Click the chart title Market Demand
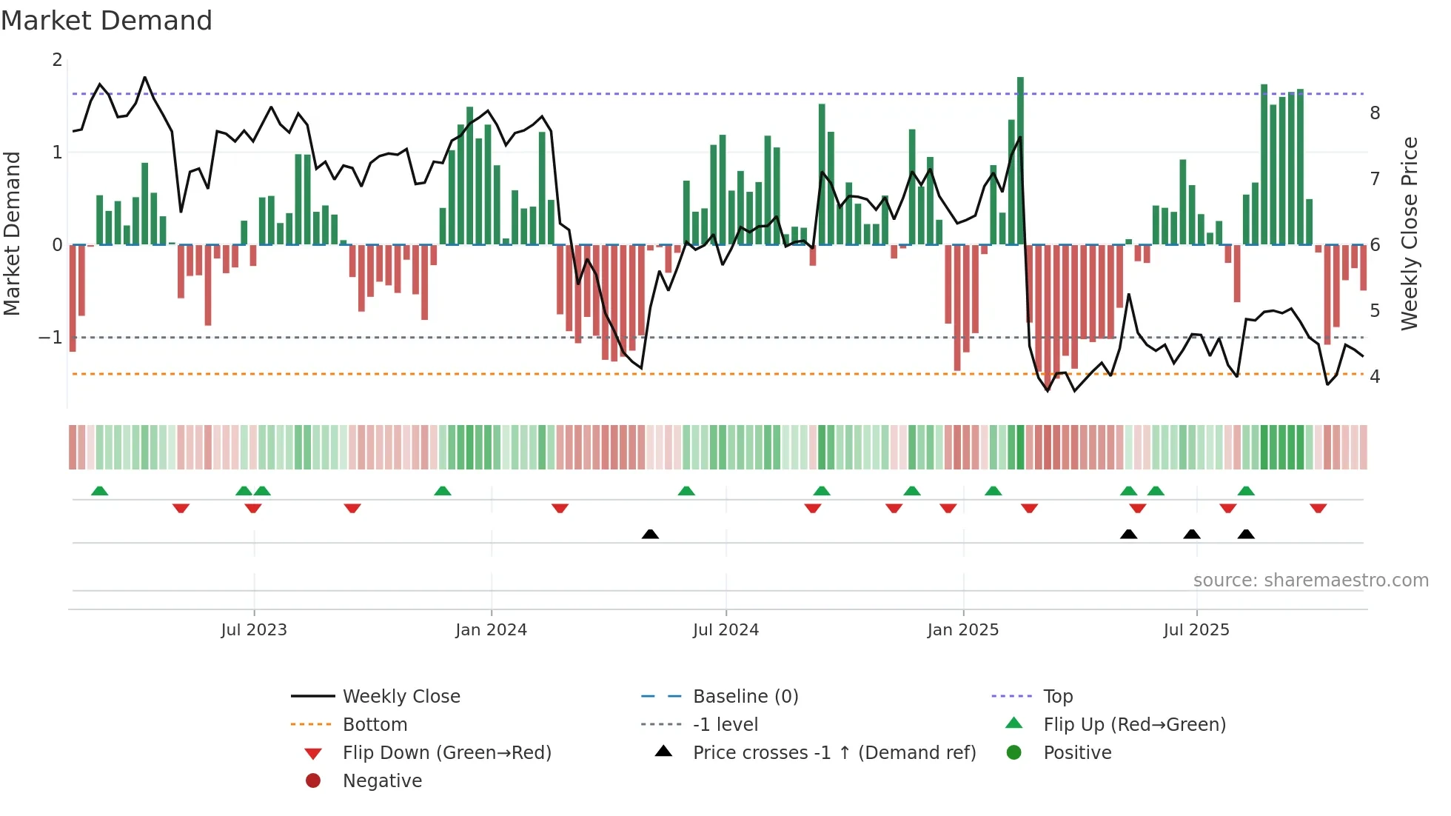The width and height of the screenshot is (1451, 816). point(107,21)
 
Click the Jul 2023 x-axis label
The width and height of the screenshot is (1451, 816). point(253,630)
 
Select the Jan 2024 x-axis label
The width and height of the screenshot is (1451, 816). point(491,630)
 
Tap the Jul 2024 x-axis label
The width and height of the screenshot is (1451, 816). point(725,630)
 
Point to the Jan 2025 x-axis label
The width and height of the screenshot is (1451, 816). point(962,630)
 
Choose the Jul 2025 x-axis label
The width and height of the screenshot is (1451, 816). point(1196,630)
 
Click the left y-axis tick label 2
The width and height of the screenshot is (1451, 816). point(57,60)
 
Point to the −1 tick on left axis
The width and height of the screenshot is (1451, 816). point(51,338)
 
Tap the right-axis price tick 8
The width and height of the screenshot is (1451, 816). point(1375,113)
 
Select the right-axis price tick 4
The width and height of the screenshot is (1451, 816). point(1375,377)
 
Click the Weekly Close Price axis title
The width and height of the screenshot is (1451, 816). point(1410,233)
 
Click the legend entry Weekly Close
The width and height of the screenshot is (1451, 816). point(401,697)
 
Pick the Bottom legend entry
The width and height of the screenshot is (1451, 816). point(375,725)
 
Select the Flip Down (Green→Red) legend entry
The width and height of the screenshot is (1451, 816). point(446,753)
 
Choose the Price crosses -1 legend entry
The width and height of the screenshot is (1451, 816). point(834,753)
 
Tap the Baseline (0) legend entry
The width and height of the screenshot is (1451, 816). point(745,697)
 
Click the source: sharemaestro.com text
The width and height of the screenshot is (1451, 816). point(1310,581)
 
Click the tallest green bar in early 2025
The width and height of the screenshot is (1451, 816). point(1020,160)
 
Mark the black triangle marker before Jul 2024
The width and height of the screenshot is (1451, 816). point(650,534)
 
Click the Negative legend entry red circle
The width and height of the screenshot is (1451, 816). point(313,781)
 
